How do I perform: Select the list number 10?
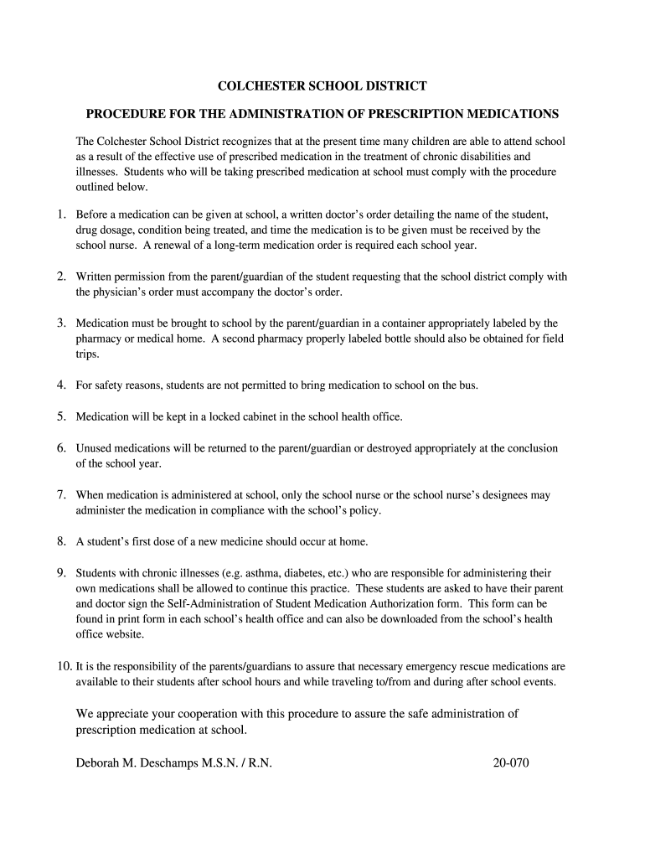click(x=64, y=667)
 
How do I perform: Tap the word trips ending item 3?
click(x=87, y=354)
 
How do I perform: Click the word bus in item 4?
click(x=468, y=385)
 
